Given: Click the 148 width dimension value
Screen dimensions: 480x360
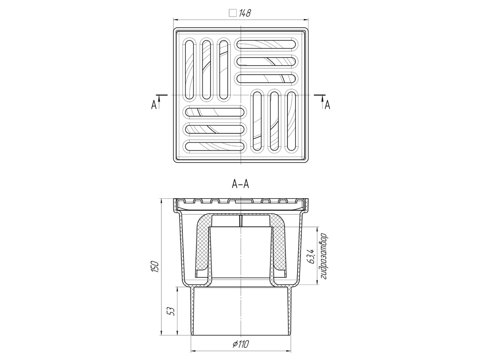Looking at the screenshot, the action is tap(245, 13).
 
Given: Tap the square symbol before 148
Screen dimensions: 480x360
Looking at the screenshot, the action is tap(232, 13).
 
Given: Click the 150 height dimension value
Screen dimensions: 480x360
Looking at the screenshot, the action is tap(156, 266).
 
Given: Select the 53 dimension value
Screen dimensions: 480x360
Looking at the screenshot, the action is tap(172, 312).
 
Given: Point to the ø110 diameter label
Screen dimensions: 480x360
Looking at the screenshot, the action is tap(240, 344).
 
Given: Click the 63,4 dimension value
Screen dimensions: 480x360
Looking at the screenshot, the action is tap(311, 256).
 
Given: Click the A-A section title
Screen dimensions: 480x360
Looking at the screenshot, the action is tap(240, 184).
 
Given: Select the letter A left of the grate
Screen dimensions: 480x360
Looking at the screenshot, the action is tap(154, 105).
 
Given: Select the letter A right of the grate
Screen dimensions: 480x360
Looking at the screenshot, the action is tap(327, 105).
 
